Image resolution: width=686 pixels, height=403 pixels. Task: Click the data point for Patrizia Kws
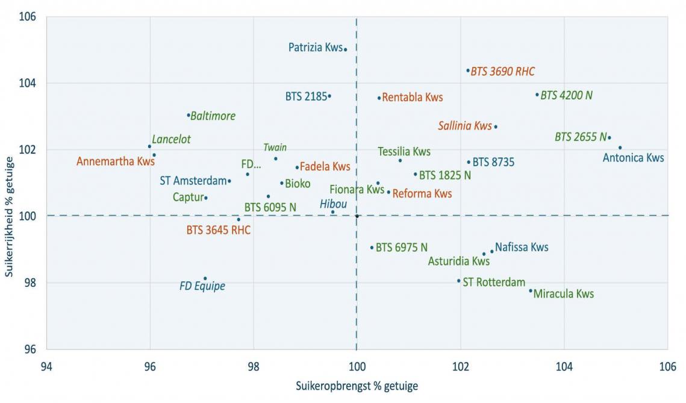(x=345, y=49)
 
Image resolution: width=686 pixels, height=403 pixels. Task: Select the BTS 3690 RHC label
(x=502, y=72)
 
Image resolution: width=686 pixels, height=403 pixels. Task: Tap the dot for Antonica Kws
(x=620, y=148)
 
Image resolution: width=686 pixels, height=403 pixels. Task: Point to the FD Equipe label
(x=202, y=286)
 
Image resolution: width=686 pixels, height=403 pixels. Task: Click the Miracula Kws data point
(x=531, y=290)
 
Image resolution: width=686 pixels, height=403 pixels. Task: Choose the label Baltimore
(x=213, y=116)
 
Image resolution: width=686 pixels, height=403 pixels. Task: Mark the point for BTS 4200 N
(x=537, y=95)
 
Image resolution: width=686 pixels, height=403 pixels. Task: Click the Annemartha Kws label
(x=116, y=161)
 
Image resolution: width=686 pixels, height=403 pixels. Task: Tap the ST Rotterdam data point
(x=458, y=281)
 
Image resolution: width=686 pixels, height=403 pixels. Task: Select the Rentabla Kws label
(x=413, y=98)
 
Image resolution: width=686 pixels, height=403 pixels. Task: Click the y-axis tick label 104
(x=29, y=83)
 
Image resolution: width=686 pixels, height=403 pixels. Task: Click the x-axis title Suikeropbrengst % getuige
(x=357, y=386)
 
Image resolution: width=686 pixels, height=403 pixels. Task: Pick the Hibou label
(x=333, y=204)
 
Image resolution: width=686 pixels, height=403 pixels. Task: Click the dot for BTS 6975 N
(x=372, y=247)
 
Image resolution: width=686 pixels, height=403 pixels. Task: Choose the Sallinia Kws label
(x=465, y=126)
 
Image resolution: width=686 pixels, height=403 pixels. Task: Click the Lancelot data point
(x=149, y=146)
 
